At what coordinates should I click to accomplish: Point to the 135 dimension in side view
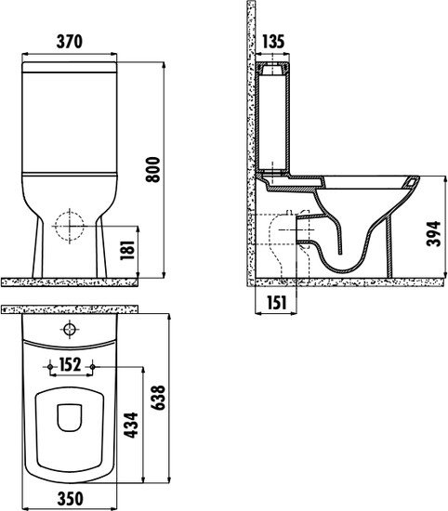(x=272, y=41)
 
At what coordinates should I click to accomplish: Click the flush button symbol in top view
(x=71, y=330)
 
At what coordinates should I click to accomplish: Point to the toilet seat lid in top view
(x=70, y=424)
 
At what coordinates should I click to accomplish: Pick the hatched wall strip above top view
(x=70, y=307)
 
